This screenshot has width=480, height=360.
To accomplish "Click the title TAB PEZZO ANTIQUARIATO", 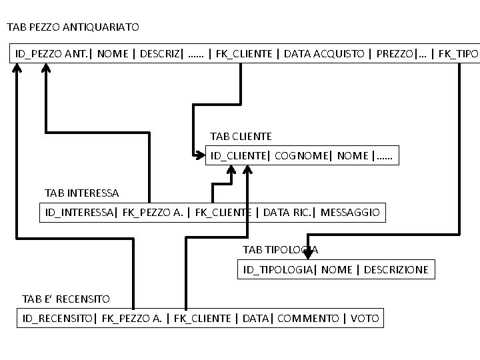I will point(73,27).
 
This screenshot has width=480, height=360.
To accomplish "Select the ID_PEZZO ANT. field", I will point(53,53).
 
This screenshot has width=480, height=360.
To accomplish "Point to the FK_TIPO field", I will point(457,53).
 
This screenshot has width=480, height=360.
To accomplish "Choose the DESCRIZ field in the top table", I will point(159,53).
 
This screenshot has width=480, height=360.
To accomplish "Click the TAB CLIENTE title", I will point(241,136).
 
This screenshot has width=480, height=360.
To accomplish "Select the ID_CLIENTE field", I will point(239,156).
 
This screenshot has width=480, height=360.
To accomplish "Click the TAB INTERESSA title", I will point(81,193).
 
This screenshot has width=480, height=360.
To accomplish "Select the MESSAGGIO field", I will point(350,213).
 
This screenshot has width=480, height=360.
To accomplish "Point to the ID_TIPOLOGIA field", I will point(277,270).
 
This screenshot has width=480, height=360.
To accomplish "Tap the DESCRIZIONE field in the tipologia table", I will point(396,270).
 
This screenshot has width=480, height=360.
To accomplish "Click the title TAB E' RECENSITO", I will point(66,299).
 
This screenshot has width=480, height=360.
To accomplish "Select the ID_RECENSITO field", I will point(58,319).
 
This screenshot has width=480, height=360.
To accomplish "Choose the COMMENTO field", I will point(307,319).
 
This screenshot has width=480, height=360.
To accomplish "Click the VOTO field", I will point(365,319).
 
